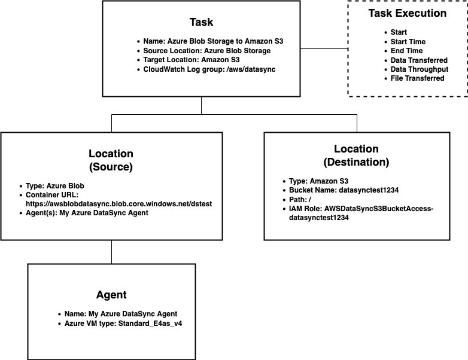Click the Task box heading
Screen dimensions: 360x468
point(201,22)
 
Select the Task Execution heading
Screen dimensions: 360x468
point(407,13)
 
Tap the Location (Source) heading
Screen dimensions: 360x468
point(111,160)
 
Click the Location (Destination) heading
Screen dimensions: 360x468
point(356,155)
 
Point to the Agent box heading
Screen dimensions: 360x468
point(111,295)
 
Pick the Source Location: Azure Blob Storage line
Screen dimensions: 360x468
point(207,51)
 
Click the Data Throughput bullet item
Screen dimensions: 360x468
point(420,69)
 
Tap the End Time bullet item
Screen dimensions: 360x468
point(408,51)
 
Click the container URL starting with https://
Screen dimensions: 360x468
point(118,204)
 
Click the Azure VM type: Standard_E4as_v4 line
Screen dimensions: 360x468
point(129,323)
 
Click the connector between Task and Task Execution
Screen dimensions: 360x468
point(324,48)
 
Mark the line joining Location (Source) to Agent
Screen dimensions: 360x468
point(111,252)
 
